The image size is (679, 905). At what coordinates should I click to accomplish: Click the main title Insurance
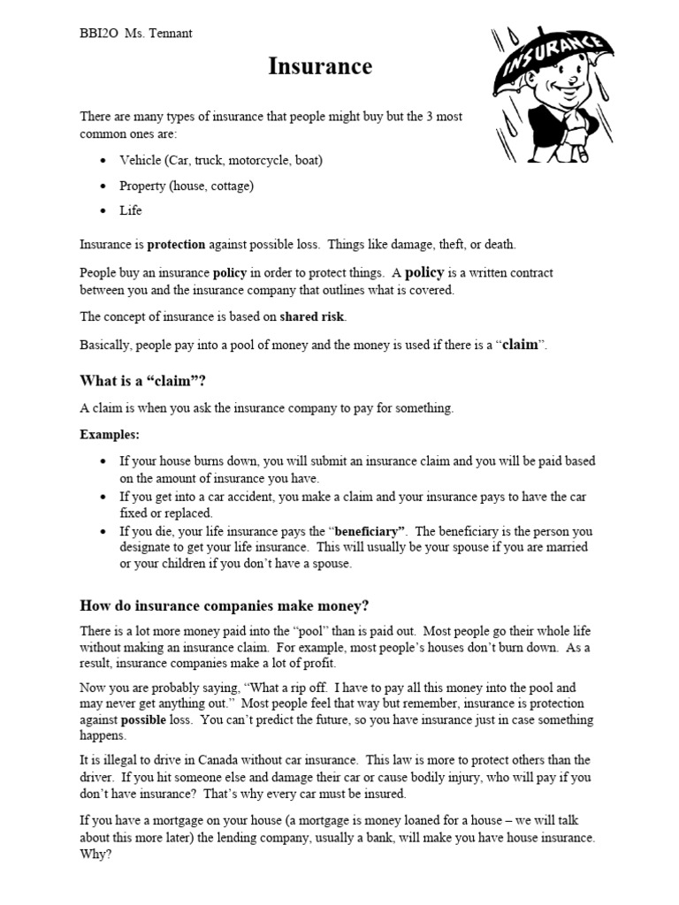click(320, 67)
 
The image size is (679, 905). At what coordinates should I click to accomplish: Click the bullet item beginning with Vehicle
click(221, 161)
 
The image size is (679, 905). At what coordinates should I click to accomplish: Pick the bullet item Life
click(131, 210)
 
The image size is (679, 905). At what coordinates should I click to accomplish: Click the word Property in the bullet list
click(143, 186)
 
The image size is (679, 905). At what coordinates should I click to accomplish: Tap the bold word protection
click(176, 244)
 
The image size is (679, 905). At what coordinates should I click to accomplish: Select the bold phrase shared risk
click(313, 316)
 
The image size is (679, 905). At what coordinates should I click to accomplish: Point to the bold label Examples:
click(110, 435)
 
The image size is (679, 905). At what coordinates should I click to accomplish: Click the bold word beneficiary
click(369, 531)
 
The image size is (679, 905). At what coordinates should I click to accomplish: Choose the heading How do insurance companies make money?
click(225, 605)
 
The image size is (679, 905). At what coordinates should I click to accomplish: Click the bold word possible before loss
click(147, 719)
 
